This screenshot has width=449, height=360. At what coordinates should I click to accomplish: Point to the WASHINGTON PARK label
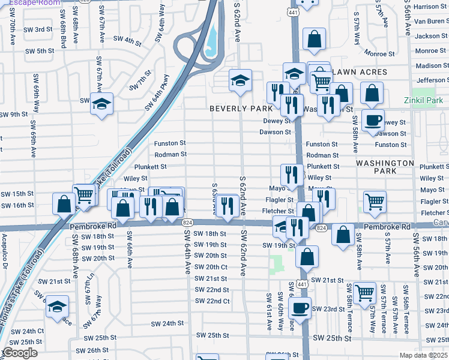(384, 167)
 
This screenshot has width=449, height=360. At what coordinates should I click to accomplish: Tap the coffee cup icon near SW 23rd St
(300, 307)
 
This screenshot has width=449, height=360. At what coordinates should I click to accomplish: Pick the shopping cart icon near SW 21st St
(364, 292)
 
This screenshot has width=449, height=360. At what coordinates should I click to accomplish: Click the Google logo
(20, 353)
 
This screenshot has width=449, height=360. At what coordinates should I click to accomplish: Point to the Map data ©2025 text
(424, 355)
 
